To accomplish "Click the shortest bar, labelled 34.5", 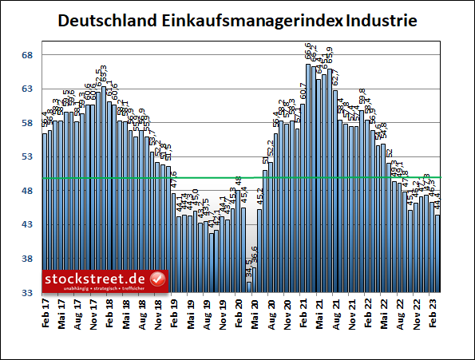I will [x=249, y=287].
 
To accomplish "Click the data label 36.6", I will [x=255, y=255].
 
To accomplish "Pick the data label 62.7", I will [x=335, y=78].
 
